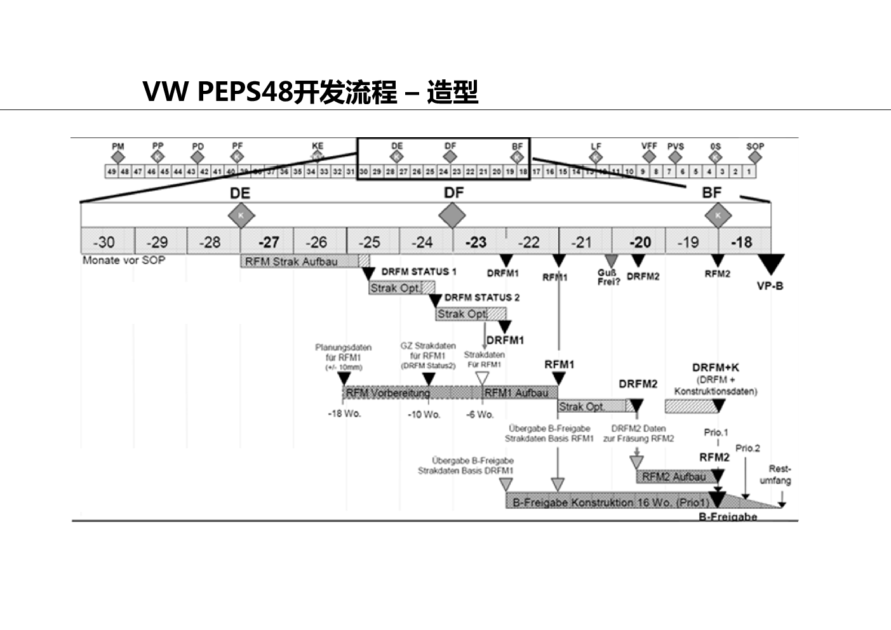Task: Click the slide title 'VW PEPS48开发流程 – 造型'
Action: coord(310,92)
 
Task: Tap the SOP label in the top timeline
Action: coord(755,146)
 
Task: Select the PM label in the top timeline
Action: coord(118,146)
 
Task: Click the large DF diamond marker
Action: coord(452,216)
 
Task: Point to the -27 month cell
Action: coord(269,242)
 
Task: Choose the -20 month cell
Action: coord(639,242)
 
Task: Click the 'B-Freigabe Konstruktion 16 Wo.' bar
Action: coord(610,502)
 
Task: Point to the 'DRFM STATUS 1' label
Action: coord(419,272)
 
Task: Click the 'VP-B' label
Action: coord(770,286)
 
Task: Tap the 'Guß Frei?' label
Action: coord(608,278)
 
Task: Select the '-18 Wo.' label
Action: coord(344,414)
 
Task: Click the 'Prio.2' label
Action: coord(747,448)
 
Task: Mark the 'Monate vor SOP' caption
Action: coord(124,260)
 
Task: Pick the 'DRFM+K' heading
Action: coord(715,368)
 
